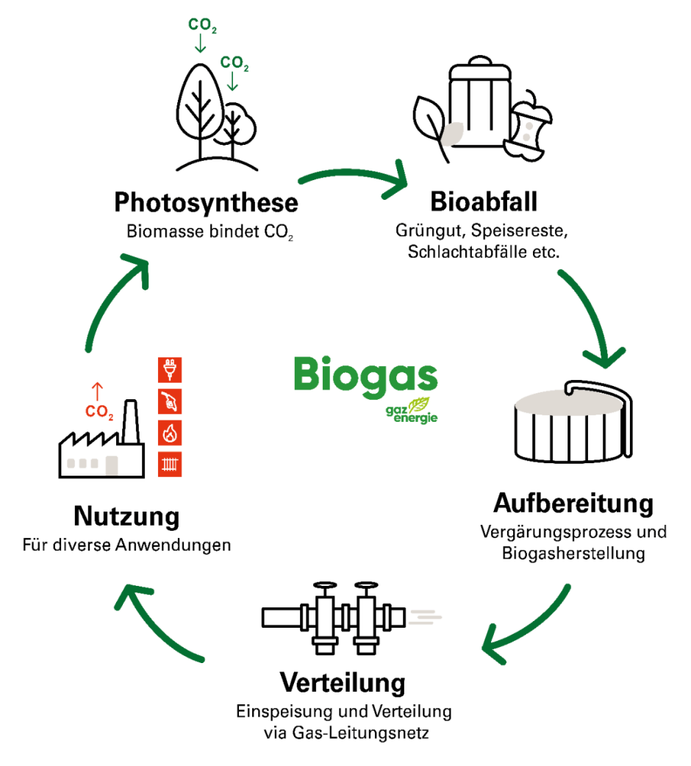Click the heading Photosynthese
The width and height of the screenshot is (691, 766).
pos(206,202)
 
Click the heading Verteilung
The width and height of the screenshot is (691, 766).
pos(343,682)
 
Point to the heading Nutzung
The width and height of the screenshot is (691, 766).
pos(126,517)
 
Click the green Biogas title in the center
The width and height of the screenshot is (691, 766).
pos(365,375)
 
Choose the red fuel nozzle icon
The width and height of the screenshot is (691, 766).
pos(170,401)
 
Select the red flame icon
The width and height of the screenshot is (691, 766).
pos(170,433)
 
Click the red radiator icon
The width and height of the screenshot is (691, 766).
pos(170,464)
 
